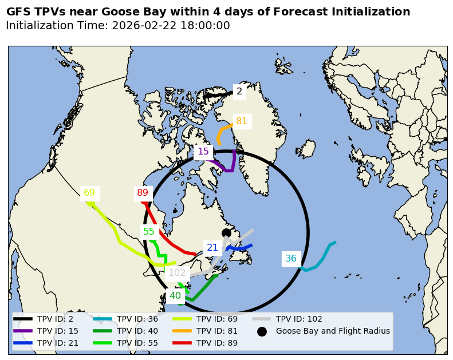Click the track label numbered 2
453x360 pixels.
click(239, 91)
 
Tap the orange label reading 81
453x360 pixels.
click(242, 121)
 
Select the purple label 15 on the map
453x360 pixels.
click(203, 152)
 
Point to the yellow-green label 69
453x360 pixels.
click(89, 193)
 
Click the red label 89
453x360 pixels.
click(143, 193)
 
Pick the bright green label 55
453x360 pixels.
click(149, 232)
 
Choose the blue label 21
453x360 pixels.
click(212, 248)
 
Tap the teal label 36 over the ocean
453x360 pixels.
click(291, 259)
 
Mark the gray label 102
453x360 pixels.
click(177, 273)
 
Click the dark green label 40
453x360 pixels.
click(175, 296)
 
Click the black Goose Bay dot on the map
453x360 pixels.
click(226, 232)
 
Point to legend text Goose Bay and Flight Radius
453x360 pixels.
click(333, 331)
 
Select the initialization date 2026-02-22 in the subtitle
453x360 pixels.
click(140, 26)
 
